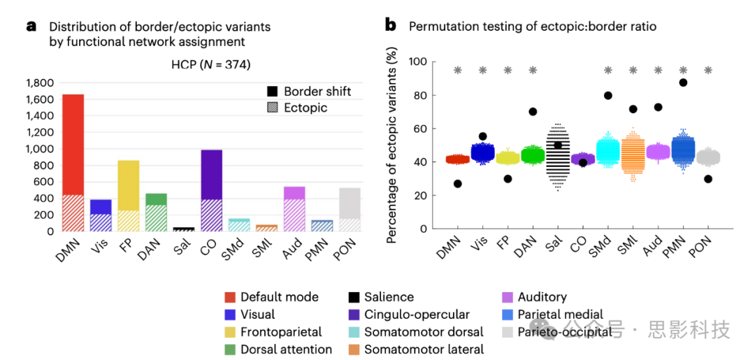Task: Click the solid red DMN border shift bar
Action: coord(73,144)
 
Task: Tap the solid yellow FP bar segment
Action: coord(128,185)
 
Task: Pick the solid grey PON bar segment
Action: coord(350,203)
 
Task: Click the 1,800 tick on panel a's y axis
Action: coord(40,82)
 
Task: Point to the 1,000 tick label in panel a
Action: coord(40,149)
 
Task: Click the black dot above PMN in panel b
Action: coord(683,82)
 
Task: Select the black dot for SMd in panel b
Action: coord(608,96)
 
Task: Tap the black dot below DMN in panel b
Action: coord(457,184)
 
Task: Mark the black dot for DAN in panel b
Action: coord(533,111)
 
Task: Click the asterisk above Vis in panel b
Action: coord(482,70)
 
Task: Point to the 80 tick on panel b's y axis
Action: coord(421,95)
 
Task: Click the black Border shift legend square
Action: coord(272,92)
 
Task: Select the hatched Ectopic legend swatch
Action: coord(272,108)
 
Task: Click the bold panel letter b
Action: coord(391,26)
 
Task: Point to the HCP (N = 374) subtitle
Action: coord(210,65)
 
